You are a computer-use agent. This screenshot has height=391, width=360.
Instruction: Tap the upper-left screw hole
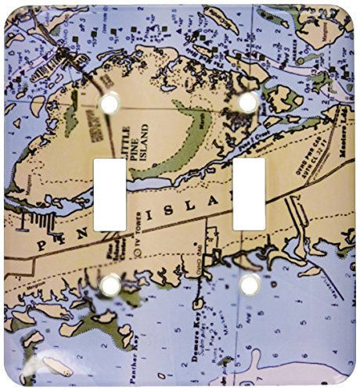[x=110, y=102]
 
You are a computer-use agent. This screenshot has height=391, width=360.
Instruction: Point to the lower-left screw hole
[x=110, y=284]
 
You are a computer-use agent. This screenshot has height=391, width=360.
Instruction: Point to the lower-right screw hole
[x=250, y=284]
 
